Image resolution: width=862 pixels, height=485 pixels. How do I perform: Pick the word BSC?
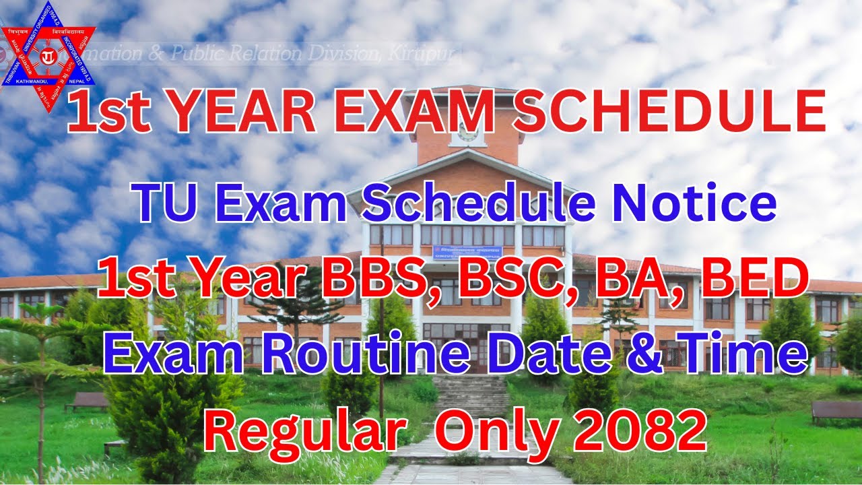coord(512,280)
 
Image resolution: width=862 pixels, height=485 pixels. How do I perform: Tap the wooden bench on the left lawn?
coord(86,401)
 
